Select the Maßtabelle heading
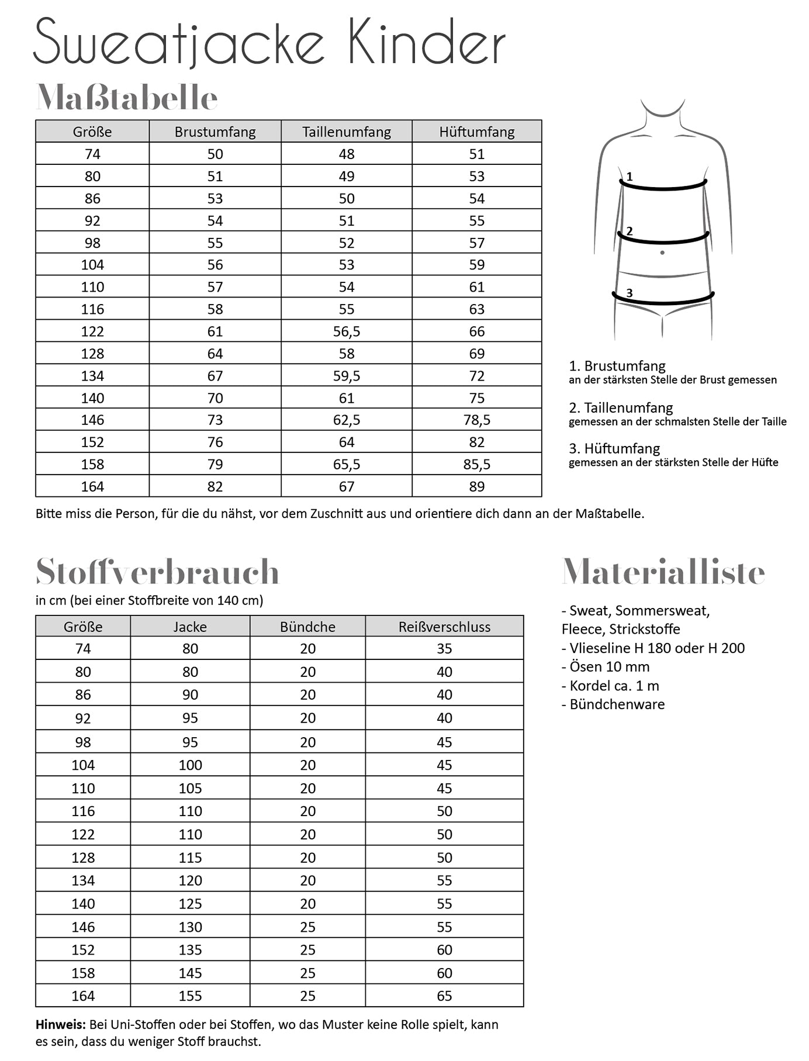(x=127, y=98)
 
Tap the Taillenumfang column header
(x=347, y=132)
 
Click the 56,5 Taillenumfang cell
(x=347, y=331)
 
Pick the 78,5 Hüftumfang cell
(x=477, y=420)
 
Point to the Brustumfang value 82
(x=215, y=486)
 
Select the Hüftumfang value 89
(x=477, y=486)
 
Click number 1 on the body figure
(x=630, y=176)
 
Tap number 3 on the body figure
(x=630, y=293)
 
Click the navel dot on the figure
(x=662, y=253)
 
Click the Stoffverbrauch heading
(x=158, y=572)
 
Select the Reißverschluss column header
(x=444, y=627)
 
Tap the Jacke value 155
(x=190, y=996)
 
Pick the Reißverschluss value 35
(x=444, y=648)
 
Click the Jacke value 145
(x=190, y=973)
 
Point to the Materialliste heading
(x=663, y=572)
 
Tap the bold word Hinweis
(x=60, y=1024)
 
